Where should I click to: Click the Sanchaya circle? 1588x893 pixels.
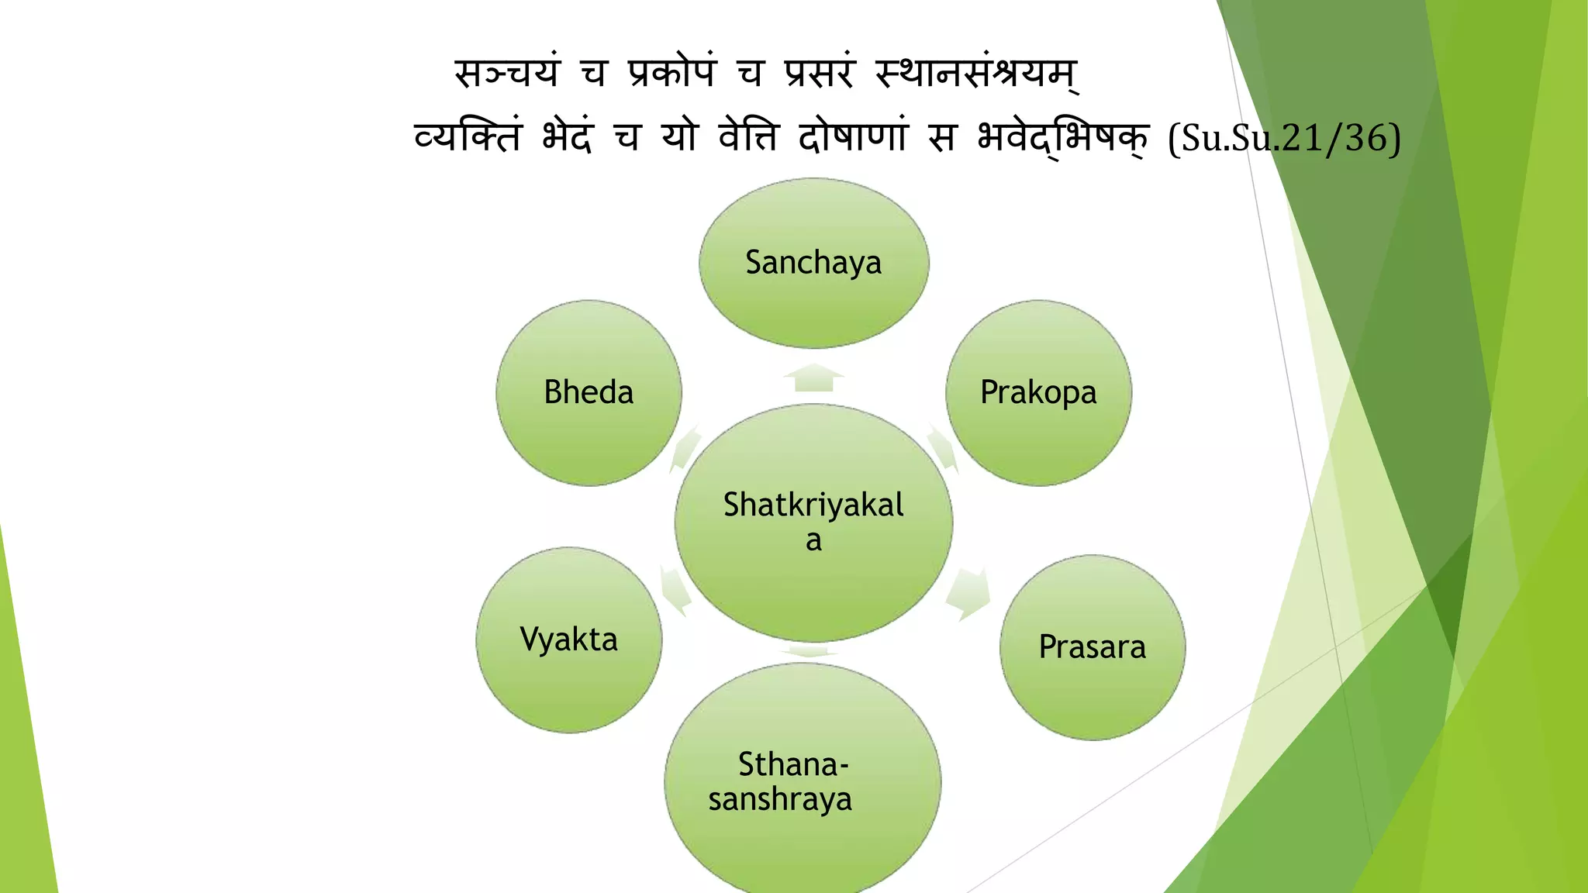(813, 263)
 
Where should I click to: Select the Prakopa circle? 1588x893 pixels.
(1038, 392)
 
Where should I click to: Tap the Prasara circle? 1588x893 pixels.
(1092, 647)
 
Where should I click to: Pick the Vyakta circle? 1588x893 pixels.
(568, 640)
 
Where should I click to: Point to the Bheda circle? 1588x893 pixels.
(589, 392)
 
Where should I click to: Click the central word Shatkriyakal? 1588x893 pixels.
(813, 505)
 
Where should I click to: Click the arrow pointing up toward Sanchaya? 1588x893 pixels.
(813, 378)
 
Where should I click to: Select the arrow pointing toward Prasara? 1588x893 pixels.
(968, 594)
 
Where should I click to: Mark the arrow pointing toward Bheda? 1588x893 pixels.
(685, 447)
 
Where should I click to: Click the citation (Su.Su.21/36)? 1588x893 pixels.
(1284, 139)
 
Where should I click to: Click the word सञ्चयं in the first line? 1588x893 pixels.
(507, 74)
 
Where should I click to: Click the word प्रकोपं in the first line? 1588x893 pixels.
(672, 74)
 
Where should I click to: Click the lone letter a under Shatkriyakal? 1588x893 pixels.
(813, 540)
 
